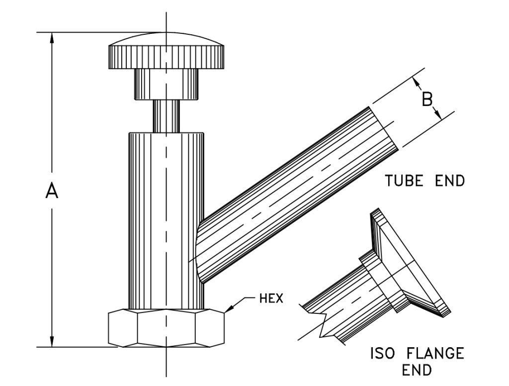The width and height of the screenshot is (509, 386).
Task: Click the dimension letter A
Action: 52,191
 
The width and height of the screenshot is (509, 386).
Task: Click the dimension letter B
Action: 427,99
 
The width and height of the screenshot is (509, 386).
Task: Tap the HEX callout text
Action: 271,299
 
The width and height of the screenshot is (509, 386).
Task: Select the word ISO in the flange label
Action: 383,354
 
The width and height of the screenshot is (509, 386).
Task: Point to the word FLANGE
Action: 434,354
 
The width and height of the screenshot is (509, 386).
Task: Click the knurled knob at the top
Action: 166,55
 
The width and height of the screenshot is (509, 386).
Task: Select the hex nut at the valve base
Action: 166,328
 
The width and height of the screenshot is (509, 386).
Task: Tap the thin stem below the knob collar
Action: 166,116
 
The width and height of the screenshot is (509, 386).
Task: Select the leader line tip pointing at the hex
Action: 227,312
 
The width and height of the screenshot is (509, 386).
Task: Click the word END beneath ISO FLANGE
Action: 417,371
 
